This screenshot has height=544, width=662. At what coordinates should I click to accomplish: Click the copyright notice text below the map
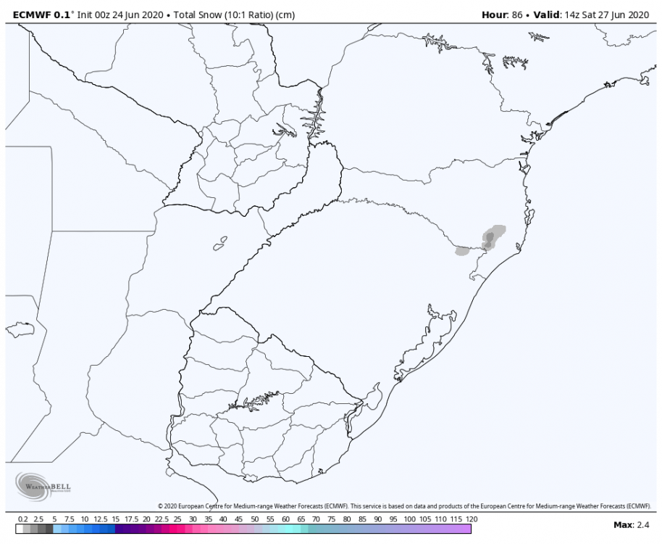pyautogui.click(x=406, y=506)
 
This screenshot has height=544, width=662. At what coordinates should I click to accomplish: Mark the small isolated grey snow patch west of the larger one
pyautogui.click(x=461, y=251)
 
